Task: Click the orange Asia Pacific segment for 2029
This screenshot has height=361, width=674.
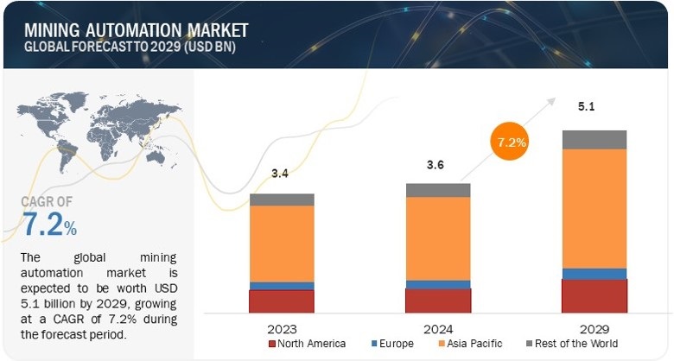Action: [x=594, y=207]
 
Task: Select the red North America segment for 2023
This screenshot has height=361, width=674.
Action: [x=282, y=301]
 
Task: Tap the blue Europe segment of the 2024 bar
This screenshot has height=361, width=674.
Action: [x=438, y=284]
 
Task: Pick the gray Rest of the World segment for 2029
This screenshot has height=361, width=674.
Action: [x=594, y=140]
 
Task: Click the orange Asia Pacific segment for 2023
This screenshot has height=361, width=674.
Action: [x=282, y=244]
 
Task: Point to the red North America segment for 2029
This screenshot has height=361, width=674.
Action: [x=594, y=295]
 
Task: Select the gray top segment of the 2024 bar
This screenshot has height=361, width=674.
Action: [x=438, y=190]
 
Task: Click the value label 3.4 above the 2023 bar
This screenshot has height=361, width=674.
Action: [x=282, y=174]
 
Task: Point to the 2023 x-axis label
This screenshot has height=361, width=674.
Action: [x=283, y=328]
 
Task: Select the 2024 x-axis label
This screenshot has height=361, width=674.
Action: [x=438, y=328]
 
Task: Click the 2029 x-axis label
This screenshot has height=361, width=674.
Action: [x=594, y=328]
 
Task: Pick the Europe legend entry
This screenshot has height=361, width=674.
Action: [x=394, y=344]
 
